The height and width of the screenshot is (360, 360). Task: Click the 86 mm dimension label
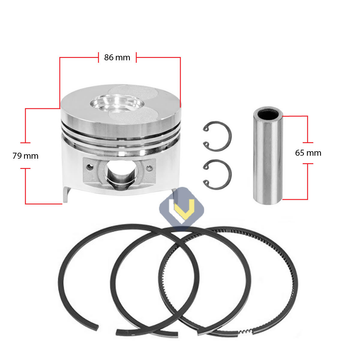[x=119, y=57]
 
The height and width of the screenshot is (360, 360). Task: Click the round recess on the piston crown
[x=118, y=104]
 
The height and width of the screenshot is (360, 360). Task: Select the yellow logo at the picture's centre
[x=180, y=210]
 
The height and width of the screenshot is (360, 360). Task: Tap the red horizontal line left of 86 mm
[x=81, y=57]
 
